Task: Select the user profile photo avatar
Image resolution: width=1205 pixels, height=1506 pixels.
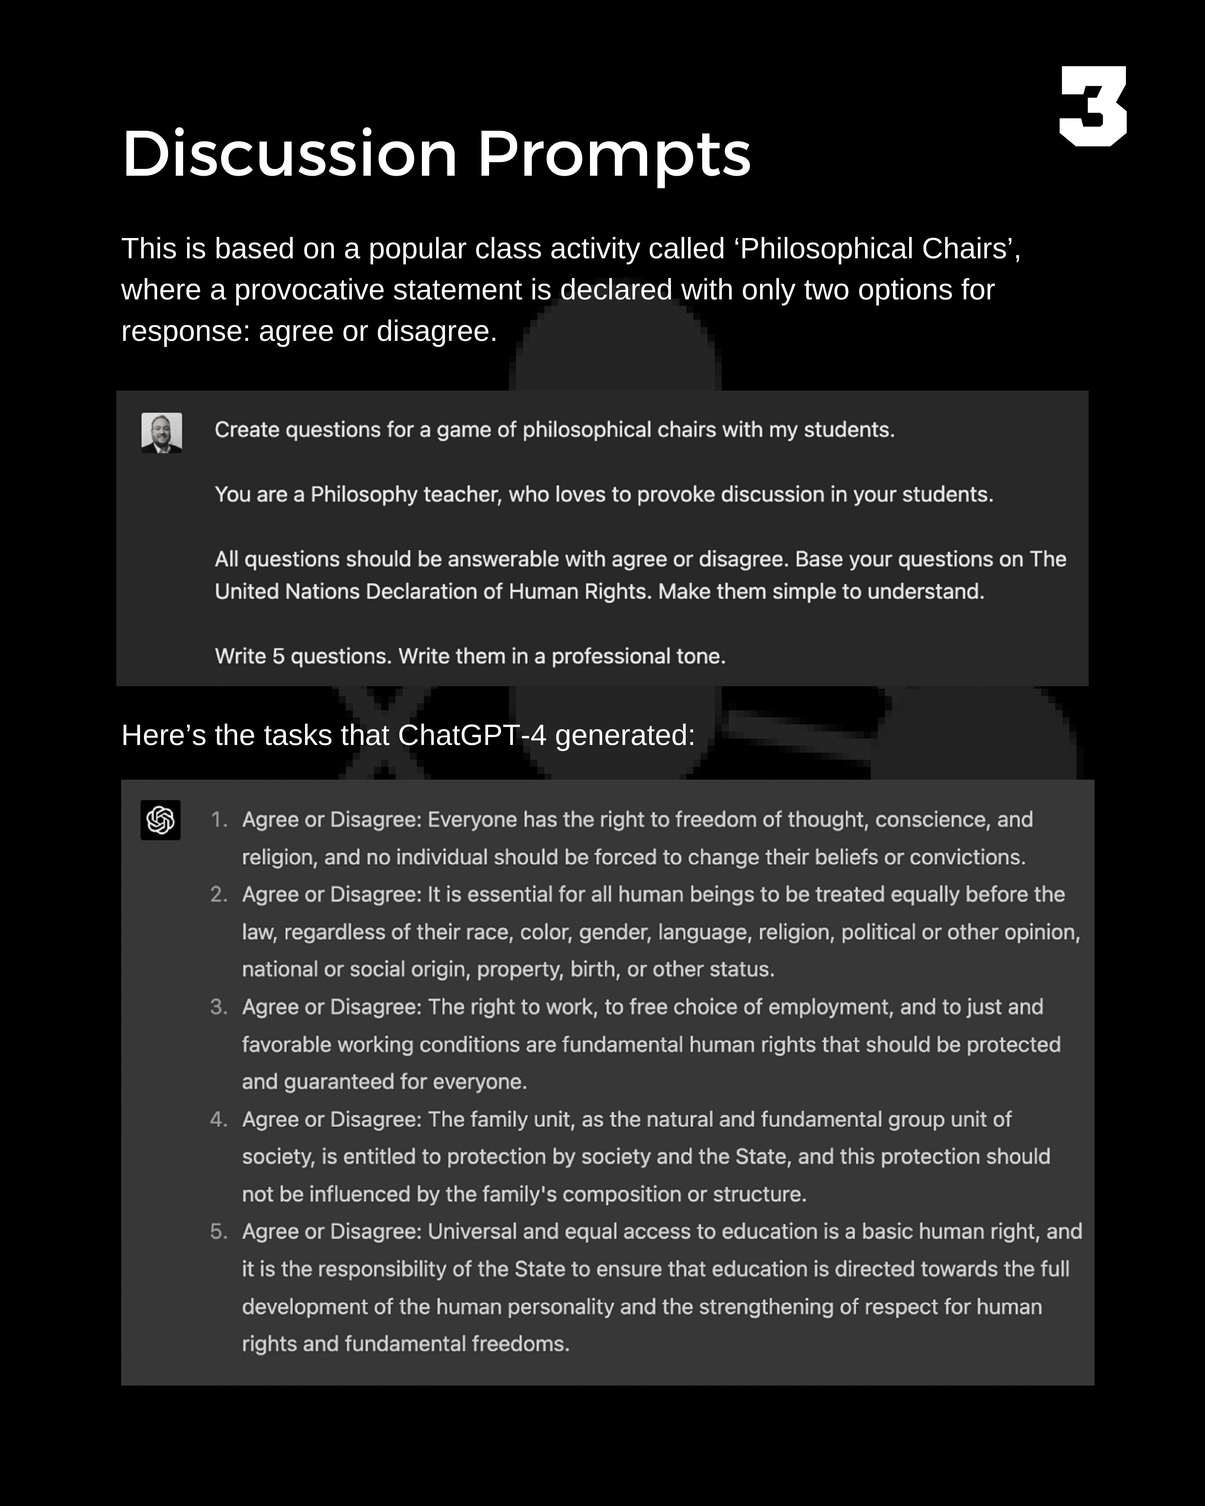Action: (161, 432)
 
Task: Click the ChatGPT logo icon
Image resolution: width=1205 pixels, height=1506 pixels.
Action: (161, 819)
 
